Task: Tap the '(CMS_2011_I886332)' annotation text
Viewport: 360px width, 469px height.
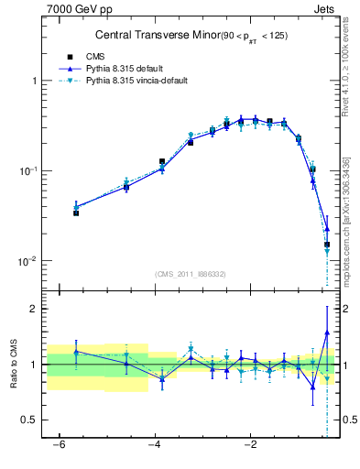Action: click(191, 273)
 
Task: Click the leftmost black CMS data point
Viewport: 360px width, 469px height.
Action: click(76, 213)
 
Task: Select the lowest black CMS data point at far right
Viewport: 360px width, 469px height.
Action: click(326, 245)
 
